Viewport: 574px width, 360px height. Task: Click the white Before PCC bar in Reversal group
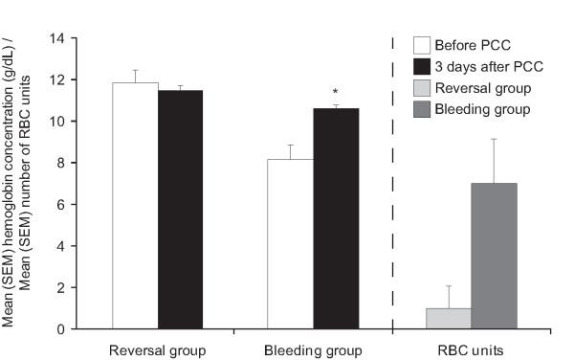click(x=135, y=206)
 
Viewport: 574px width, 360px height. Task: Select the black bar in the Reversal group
click(x=181, y=210)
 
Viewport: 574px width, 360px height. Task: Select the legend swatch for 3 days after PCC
click(x=420, y=67)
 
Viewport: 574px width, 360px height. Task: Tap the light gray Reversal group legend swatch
click(x=420, y=88)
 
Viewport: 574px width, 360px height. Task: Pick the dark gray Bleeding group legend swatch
click(x=420, y=109)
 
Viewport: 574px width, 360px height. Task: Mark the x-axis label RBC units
click(x=469, y=349)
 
